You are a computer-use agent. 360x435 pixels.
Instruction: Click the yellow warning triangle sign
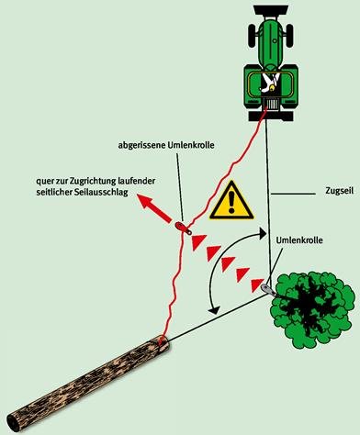pos(231,201)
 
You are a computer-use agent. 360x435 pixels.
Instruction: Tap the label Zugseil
pos(339,191)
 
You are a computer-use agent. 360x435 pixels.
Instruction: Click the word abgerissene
pos(141,145)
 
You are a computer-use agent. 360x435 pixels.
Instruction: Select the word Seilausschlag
pos(103,192)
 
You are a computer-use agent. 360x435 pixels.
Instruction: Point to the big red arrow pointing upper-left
pos(154,209)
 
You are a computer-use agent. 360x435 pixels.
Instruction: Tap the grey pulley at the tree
pos(268,289)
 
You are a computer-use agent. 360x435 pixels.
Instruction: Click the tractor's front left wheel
pos(252,36)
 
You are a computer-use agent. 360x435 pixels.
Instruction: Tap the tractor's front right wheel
pos(289,36)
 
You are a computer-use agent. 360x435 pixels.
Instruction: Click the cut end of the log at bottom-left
pos(13,422)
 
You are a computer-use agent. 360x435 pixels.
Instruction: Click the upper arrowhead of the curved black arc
pos(262,233)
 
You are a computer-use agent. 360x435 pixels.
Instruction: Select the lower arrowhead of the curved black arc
pos(213,309)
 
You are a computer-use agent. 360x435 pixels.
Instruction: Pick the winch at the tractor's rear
pos(272,105)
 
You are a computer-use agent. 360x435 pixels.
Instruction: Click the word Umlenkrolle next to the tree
pos(299,240)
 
